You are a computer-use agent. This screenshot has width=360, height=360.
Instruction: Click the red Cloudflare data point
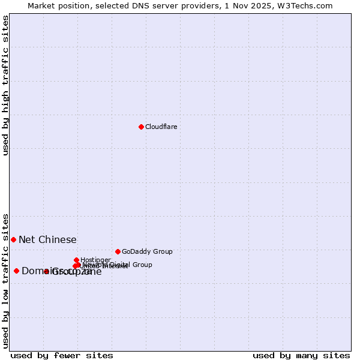(141, 127)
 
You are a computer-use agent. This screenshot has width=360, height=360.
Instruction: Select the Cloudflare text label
(161, 127)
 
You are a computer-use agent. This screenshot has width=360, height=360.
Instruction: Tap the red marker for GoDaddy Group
(118, 251)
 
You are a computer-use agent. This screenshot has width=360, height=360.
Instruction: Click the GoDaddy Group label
(147, 251)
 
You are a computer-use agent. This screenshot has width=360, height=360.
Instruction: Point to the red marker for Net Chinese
(13, 239)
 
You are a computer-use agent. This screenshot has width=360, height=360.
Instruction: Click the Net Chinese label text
(47, 239)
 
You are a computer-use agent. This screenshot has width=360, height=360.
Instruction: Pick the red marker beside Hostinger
(77, 260)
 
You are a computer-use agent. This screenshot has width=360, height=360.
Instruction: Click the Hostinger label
(95, 260)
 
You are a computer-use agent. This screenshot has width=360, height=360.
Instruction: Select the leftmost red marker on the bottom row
(16, 271)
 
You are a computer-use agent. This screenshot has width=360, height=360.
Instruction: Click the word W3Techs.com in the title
(307, 5)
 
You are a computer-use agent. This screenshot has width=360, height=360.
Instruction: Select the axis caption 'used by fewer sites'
(62, 355)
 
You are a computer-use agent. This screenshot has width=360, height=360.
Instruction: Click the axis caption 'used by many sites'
(301, 355)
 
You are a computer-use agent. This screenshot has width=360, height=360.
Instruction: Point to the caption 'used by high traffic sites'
(5, 85)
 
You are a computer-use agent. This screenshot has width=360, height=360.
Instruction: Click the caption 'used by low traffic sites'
(5, 280)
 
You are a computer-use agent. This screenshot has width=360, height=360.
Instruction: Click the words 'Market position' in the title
(57, 5)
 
